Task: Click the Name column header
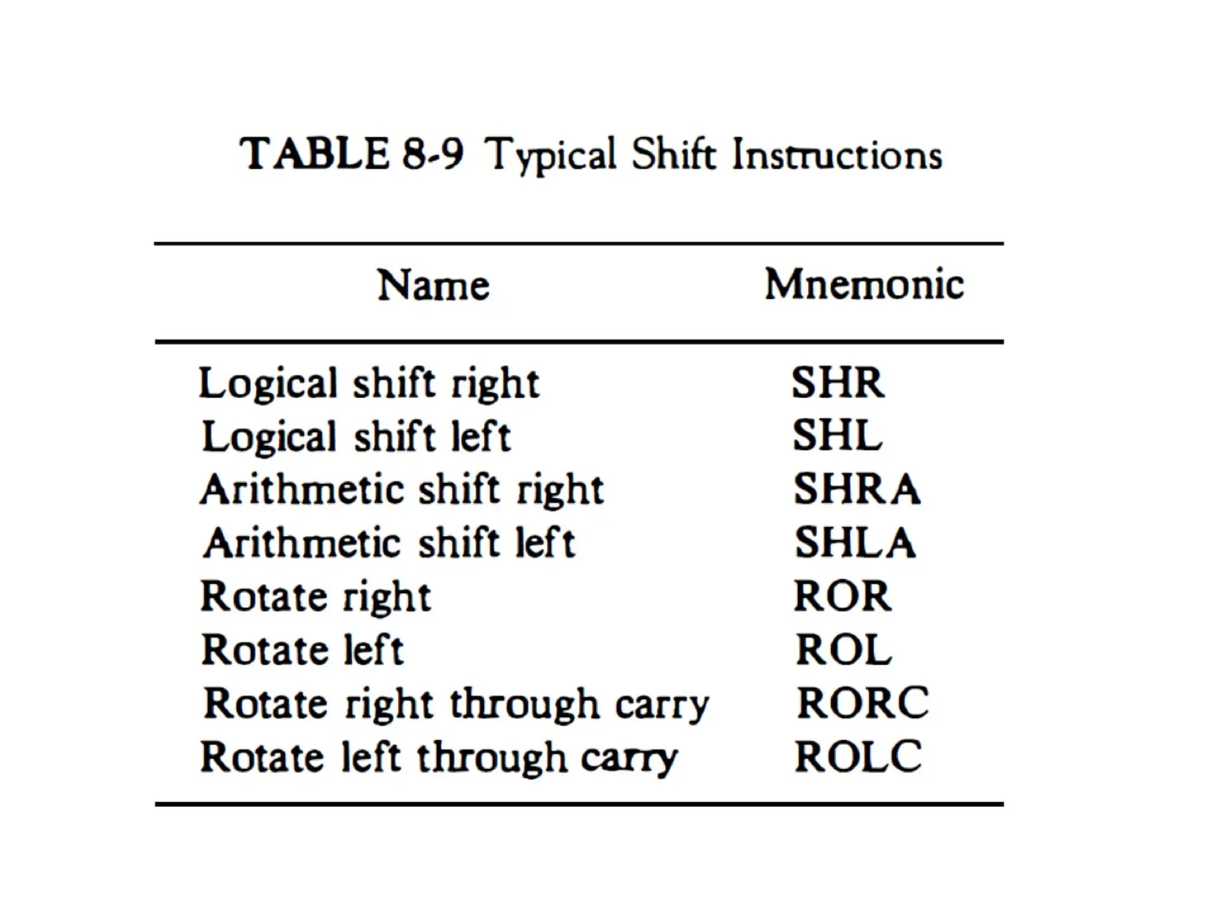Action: (x=434, y=285)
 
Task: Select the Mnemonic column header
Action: (x=864, y=284)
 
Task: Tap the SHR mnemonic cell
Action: (x=838, y=383)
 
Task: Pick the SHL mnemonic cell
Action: (x=837, y=436)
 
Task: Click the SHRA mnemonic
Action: (x=857, y=489)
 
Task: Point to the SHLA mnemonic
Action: (x=855, y=543)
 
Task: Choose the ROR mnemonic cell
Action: (x=842, y=596)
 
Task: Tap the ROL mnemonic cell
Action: (x=844, y=649)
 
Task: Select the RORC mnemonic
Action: (x=863, y=703)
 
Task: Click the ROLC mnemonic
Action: (x=858, y=756)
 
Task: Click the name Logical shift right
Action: (x=369, y=384)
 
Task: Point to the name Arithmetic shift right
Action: (x=402, y=490)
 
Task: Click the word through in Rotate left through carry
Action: (x=492, y=758)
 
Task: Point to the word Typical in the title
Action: (x=551, y=155)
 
